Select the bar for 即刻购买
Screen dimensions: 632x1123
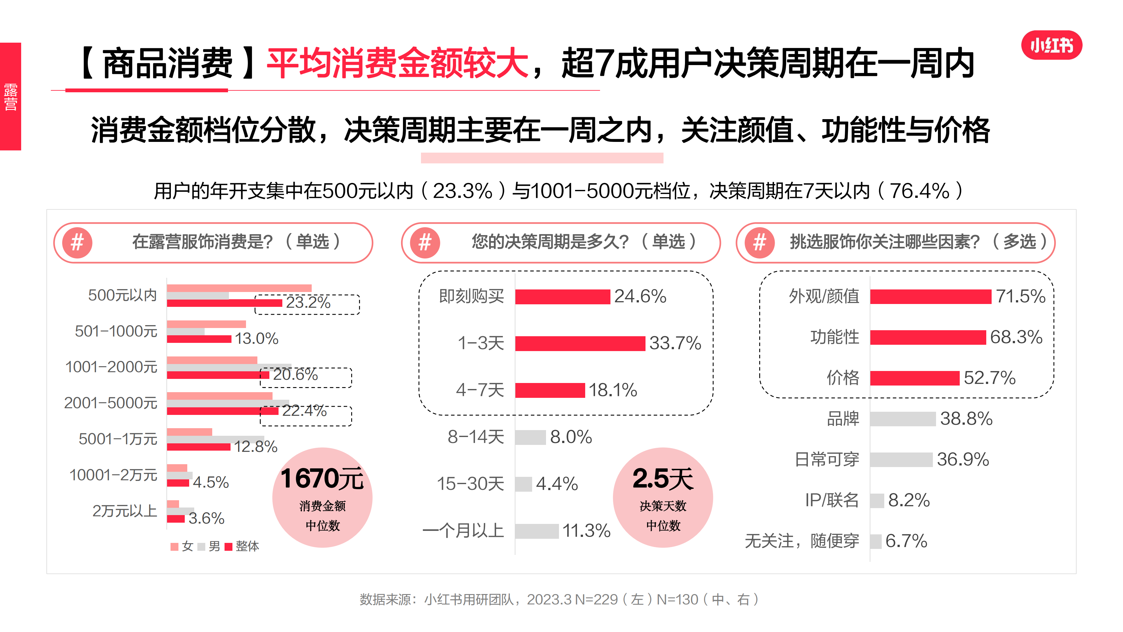[562, 297]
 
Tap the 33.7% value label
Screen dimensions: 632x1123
[675, 343]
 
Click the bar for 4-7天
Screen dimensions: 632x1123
[550, 390]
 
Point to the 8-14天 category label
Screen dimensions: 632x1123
[476, 437]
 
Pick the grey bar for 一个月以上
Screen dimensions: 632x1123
[537, 531]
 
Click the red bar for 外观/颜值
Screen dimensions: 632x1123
[930, 297]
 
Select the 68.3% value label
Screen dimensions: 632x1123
[1016, 337]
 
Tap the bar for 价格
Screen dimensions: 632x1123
[915, 378]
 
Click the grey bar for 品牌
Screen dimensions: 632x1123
[903, 419]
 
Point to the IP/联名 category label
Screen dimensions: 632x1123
[832, 500]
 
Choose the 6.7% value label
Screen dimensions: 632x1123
[906, 541]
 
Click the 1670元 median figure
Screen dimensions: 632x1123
[322, 478]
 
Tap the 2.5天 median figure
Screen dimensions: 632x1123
[663, 478]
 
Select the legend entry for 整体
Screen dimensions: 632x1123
[243, 546]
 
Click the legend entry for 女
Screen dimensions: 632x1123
[182, 546]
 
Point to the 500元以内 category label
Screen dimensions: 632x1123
[123, 295]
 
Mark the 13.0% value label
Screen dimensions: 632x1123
[256, 338]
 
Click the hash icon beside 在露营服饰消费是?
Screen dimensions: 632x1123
[77, 242]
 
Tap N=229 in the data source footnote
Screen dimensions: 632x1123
[596, 600]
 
